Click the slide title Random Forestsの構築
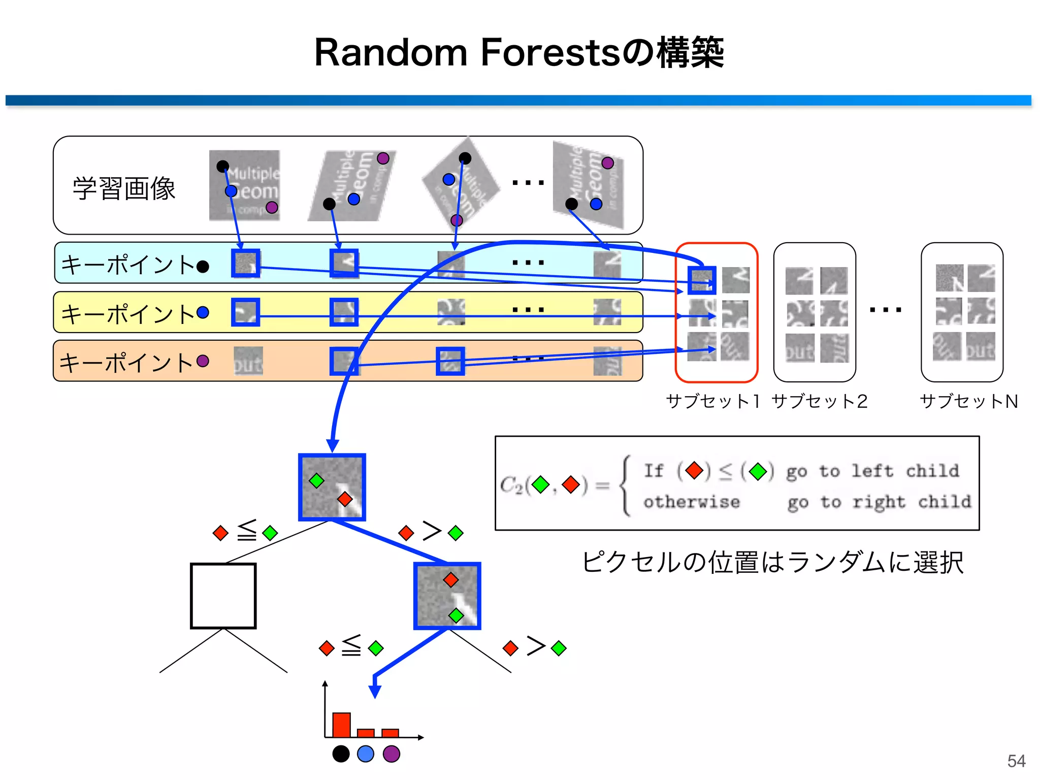point(519,53)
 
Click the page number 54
point(1016,761)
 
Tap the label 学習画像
point(124,188)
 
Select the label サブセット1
point(712,401)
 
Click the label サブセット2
point(819,401)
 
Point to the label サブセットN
point(969,401)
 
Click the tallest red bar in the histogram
point(341,725)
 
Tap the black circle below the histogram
point(341,754)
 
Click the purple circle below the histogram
point(391,754)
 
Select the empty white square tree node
point(223,596)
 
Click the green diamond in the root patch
point(316,480)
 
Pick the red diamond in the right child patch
point(450,579)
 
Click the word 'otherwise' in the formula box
point(692,502)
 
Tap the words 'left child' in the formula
point(905,471)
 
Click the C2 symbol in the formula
point(511,485)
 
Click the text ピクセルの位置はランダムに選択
point(772,562)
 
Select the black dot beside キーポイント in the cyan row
point(203,267)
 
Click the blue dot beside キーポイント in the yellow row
point(203,312)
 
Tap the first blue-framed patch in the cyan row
point(246,263)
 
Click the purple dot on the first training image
point(272,207)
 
